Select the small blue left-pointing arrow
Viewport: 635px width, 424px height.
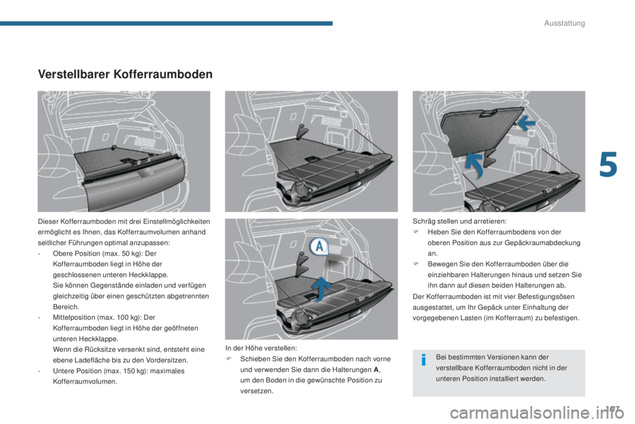[x=527, y=123]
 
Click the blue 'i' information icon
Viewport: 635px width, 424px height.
[x=423, y=361]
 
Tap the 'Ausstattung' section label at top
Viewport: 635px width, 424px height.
[x=564, y=24]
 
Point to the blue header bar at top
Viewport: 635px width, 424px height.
[x=165, y=23]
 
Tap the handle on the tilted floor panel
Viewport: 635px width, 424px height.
[x=486, y=114]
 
